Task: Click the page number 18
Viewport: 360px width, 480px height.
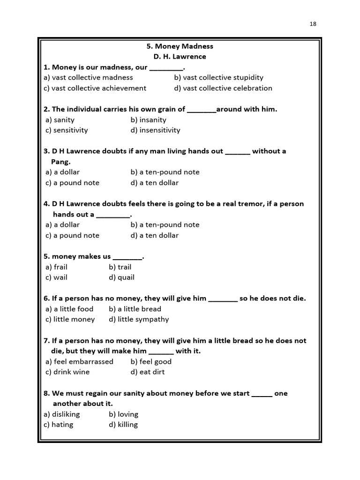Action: [x=313, y=24]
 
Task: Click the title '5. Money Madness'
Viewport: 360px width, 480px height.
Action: [x=180, y=46]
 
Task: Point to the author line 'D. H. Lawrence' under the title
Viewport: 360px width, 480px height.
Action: [x=180, y=57]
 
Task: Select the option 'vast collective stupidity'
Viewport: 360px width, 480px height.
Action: [x=218, y=77]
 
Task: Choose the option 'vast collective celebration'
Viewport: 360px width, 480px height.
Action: [x=223, y=88]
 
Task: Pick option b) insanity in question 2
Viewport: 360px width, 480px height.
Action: [x=149, y=120]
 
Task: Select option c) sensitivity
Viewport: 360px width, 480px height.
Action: [x=67, y=130]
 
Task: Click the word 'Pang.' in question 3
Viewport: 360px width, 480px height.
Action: [x=61, y=161]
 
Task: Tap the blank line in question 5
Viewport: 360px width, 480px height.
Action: [x=127, y=256]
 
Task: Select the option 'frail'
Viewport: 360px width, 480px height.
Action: [x=57, y=267]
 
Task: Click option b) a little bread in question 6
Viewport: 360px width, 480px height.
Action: [x=135, y=309]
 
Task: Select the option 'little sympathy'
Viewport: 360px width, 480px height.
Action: [x=139, y=319]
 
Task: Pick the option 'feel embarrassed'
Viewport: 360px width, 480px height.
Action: [x=79, y=361]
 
